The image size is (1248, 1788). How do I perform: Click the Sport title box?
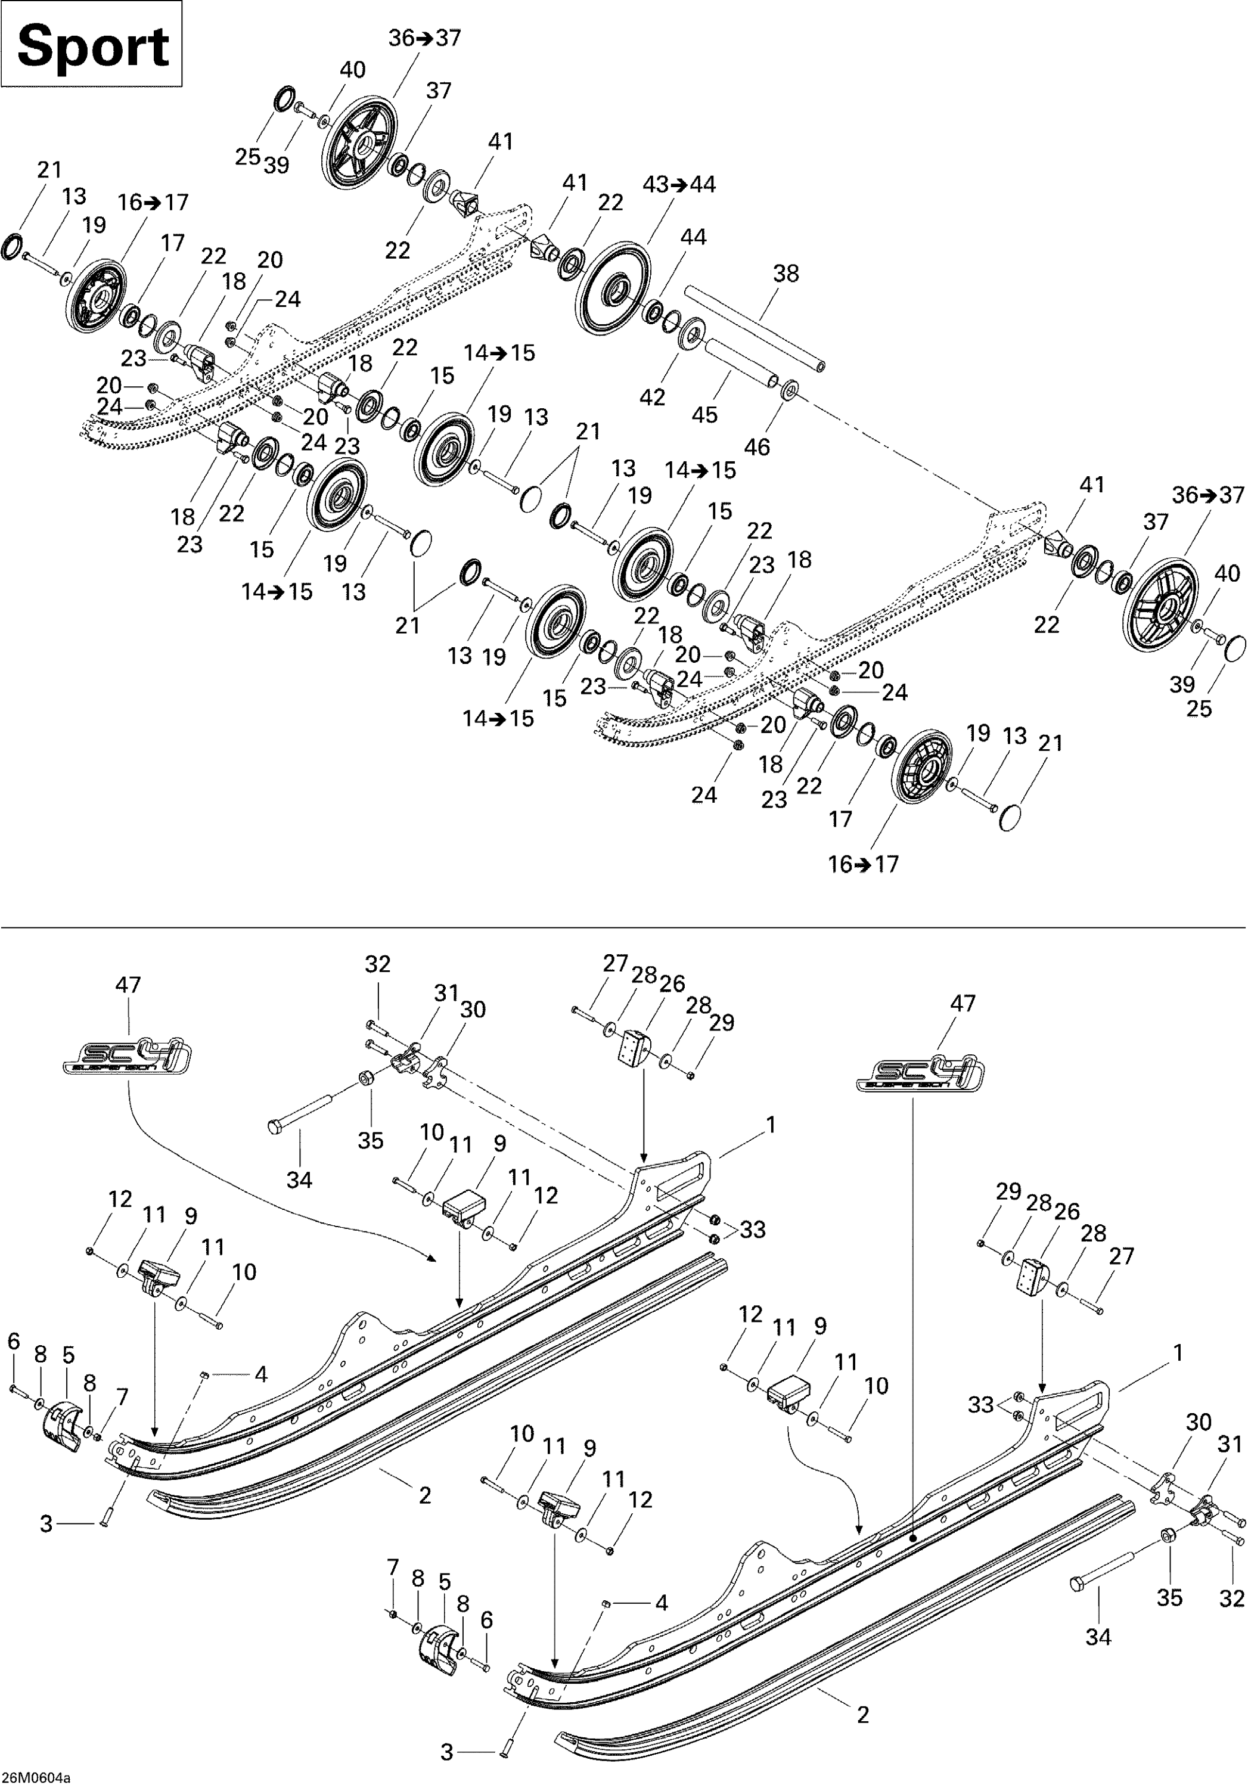point(91,44)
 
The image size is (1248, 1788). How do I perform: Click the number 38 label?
point(786,274)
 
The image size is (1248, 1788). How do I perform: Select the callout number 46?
point(757,447)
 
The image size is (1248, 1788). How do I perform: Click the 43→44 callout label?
point(679,185)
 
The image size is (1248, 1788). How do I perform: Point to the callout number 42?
point(653,397)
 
